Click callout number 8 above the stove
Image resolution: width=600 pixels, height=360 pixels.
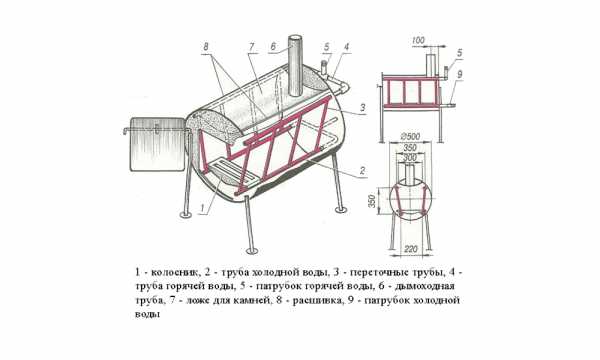(x=206, y=47)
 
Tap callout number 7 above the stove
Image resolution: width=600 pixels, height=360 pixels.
(x=251, y=47)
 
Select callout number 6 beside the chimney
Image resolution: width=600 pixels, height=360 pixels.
(x=273, y=46)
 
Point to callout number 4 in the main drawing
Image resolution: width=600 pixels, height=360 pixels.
(x=346, y=47)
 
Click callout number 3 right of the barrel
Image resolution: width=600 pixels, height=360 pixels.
(x=361, y=108)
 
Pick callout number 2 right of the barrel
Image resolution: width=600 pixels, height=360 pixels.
(x=362, y=171)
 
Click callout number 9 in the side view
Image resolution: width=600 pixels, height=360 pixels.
(x=460, y=74)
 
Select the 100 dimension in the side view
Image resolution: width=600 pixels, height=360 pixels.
(x=419, y=40)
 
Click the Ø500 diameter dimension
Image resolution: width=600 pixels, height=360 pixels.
(x=409, y=136)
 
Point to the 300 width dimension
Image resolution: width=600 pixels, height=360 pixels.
(x=410, y=157)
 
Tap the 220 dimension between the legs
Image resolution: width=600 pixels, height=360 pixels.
(x=411, y=249)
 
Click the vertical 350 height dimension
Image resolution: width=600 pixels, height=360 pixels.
(x=372, y=201)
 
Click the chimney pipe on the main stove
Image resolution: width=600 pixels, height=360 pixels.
(x=295, y=66)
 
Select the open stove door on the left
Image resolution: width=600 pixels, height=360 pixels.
(x=158, y=144)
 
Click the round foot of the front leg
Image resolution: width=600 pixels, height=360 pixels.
(x=252, y=250)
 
